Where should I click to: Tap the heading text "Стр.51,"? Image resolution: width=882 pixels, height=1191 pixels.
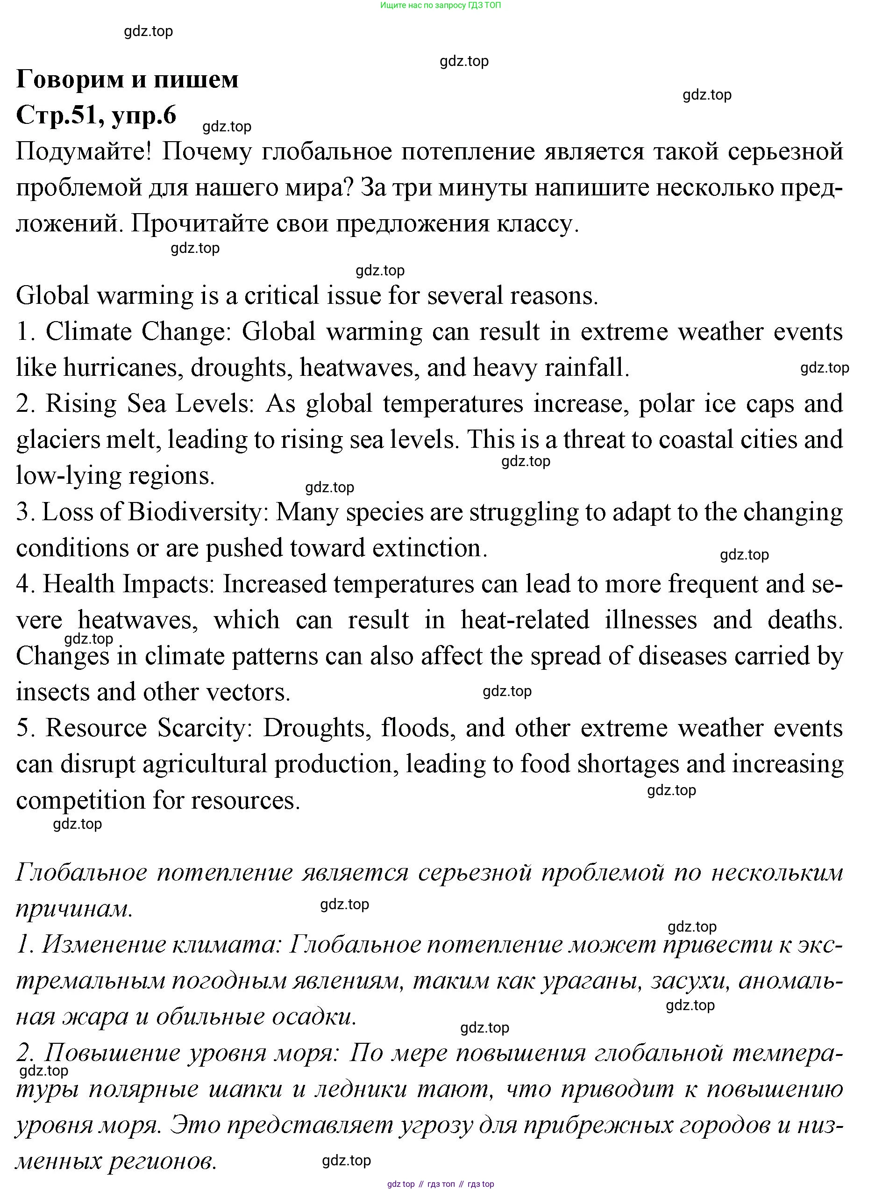[59, 115]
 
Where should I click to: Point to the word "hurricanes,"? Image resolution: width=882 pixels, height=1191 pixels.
[124, 367]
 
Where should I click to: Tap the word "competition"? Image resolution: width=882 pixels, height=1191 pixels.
[81, 800]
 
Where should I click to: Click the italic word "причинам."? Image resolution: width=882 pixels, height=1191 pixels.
[74, 909]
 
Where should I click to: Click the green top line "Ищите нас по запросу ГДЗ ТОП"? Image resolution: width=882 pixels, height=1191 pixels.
[441, 5]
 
